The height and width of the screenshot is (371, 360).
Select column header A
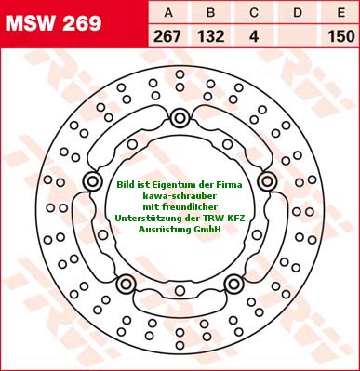[169, 12]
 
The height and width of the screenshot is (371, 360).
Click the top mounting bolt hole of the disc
[180, 117]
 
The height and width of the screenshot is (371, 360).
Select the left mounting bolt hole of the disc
[92, 180]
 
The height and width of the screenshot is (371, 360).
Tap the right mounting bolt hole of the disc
[266, 179]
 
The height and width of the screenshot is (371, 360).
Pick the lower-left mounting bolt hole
[126, 283]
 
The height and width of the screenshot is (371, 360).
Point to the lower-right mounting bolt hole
[233, 283]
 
